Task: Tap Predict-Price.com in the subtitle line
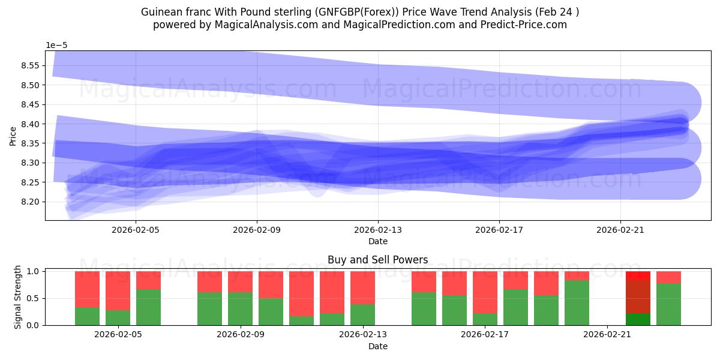521,25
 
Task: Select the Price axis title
13,136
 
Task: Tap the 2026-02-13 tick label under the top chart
378,229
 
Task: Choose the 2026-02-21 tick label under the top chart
620,229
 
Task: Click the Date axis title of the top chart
378,241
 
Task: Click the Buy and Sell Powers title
378,260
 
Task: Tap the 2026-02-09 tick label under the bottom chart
241,334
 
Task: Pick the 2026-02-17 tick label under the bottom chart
485,334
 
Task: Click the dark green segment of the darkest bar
638,319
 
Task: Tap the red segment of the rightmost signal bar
668,277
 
